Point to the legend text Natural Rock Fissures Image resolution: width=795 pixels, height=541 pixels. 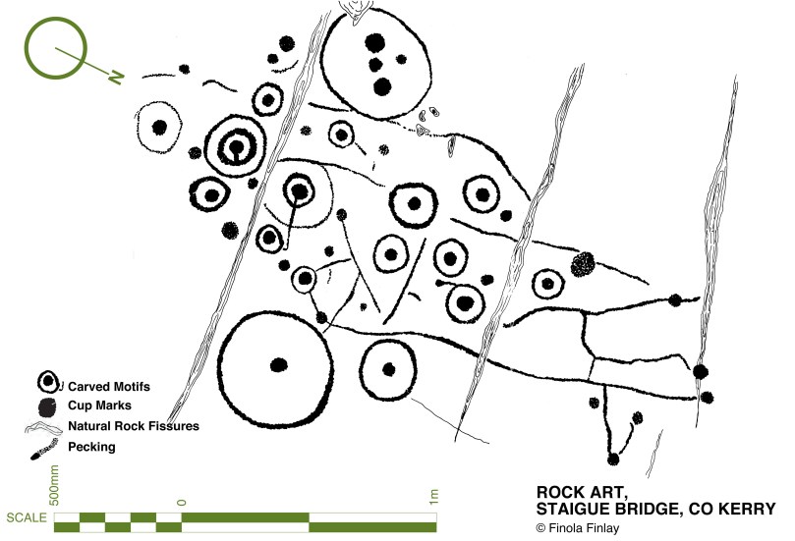134,426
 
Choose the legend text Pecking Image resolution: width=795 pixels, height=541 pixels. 91,447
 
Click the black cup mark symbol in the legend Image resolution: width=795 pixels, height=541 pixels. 45,405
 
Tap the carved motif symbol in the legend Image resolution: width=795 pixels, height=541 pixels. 46,382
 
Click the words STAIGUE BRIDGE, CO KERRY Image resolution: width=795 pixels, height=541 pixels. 655,508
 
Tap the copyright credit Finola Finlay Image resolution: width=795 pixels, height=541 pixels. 586,528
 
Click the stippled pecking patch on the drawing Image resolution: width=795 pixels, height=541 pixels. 583,263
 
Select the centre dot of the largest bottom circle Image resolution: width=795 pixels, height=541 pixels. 279,364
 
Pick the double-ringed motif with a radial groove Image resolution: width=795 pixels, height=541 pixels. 236,149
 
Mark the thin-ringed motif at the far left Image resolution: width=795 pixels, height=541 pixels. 158,126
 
